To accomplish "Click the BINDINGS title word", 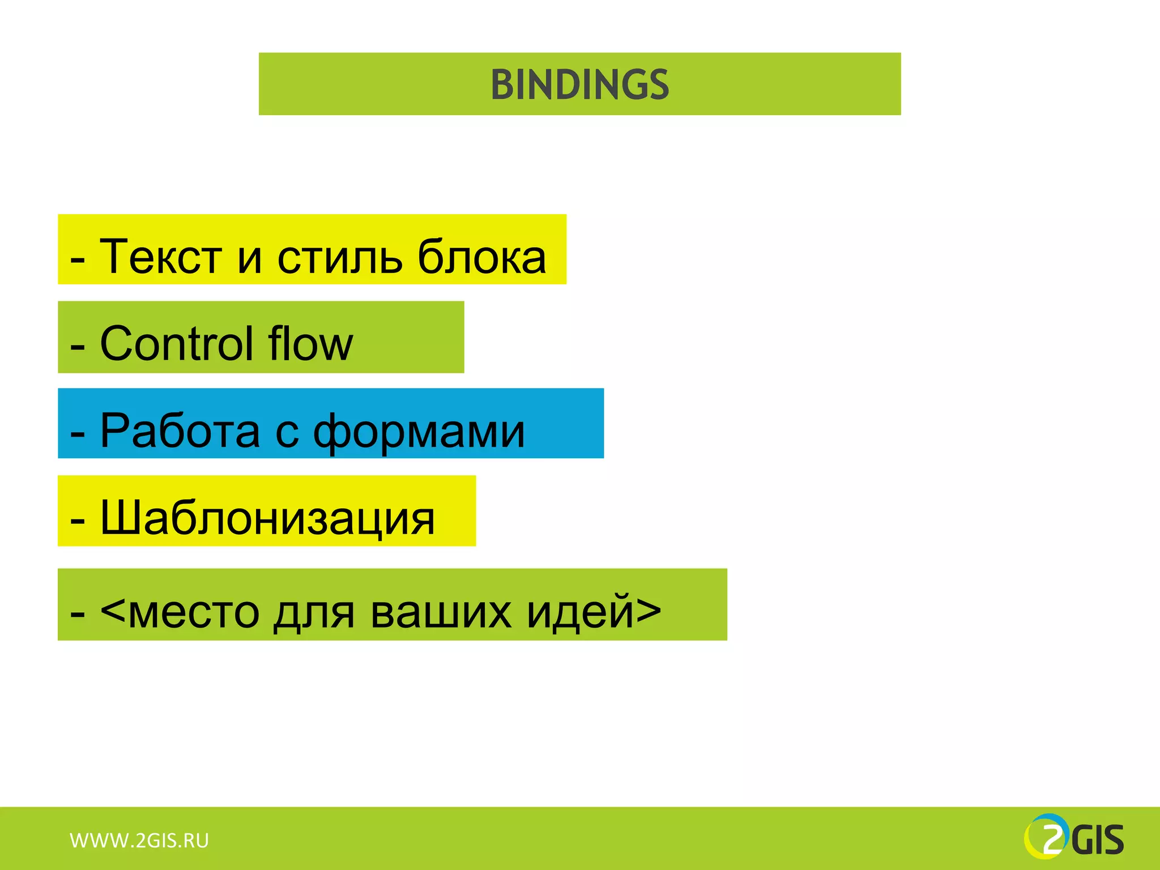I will click(579, 85).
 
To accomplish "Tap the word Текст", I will click(160, 257).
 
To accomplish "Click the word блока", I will click(481, 257).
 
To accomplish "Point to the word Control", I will click(176, 344).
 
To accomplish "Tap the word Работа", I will click(180, 430).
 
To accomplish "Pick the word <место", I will click(180, 612).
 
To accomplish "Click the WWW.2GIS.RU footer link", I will click(139, 841).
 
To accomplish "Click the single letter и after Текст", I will click(249, 259).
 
